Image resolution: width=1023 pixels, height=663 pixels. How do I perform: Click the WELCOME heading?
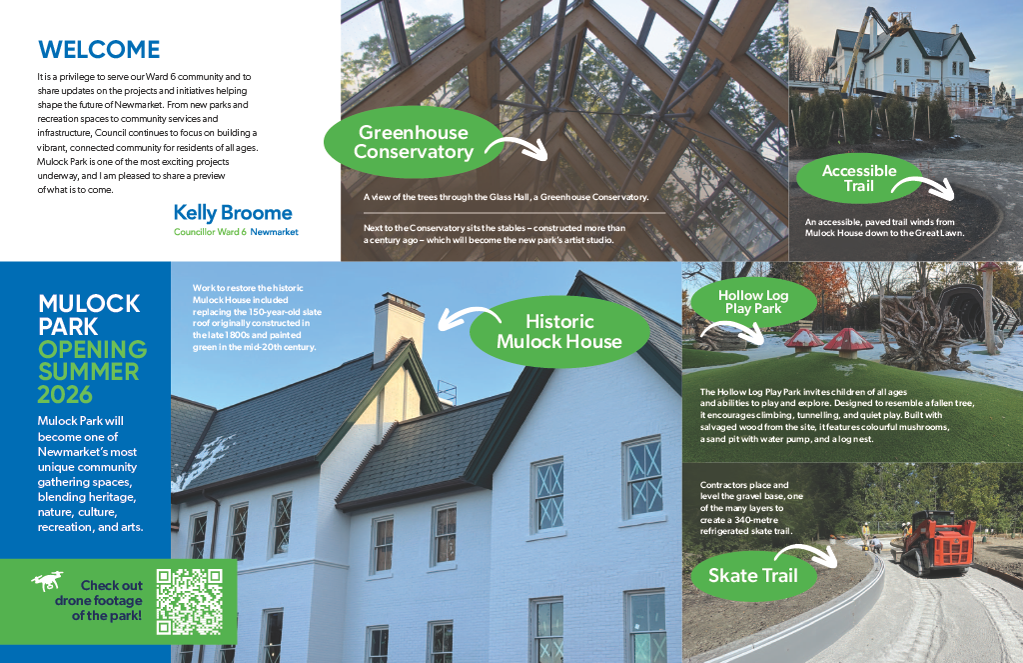click(x=98, y=49)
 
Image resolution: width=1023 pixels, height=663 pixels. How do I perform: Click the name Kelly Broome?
click(x=233, y=212)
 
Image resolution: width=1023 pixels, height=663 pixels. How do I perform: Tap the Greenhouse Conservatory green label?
click(x=413, y=142)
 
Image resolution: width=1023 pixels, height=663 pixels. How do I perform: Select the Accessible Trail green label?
click(x=859, y=178)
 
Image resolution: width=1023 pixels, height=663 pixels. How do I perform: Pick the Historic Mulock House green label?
click(x=559, y=331)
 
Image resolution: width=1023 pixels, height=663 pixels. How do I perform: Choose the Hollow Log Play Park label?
click(x=753, y=301)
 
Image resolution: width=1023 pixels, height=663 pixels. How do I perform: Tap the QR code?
click(x=190, y=602)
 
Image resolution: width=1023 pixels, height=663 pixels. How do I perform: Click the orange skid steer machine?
click(x=935, y=541)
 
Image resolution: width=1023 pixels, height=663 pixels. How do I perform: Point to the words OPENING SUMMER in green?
click(x=92, y=360)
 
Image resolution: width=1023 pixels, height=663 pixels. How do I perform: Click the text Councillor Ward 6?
click(x=210, y=232)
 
